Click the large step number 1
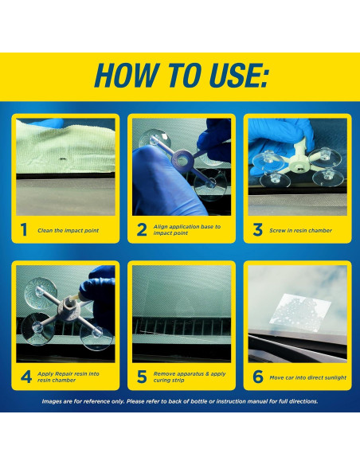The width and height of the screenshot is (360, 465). (24, 230)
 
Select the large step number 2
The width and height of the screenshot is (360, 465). (142, 230)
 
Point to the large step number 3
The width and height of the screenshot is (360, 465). (258, 230)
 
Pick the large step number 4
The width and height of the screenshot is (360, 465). (26, 377)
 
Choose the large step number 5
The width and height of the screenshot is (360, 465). (142, 377)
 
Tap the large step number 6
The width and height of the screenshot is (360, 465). (258, 377)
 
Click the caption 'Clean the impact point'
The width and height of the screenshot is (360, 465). (68, 230)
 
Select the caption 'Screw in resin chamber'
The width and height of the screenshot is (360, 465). (300, 230)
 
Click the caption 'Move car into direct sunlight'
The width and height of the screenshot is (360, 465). (307, 377)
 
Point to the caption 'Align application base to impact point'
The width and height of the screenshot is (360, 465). (187, 230)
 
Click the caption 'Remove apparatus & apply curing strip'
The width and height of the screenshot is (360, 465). (190, 377)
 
